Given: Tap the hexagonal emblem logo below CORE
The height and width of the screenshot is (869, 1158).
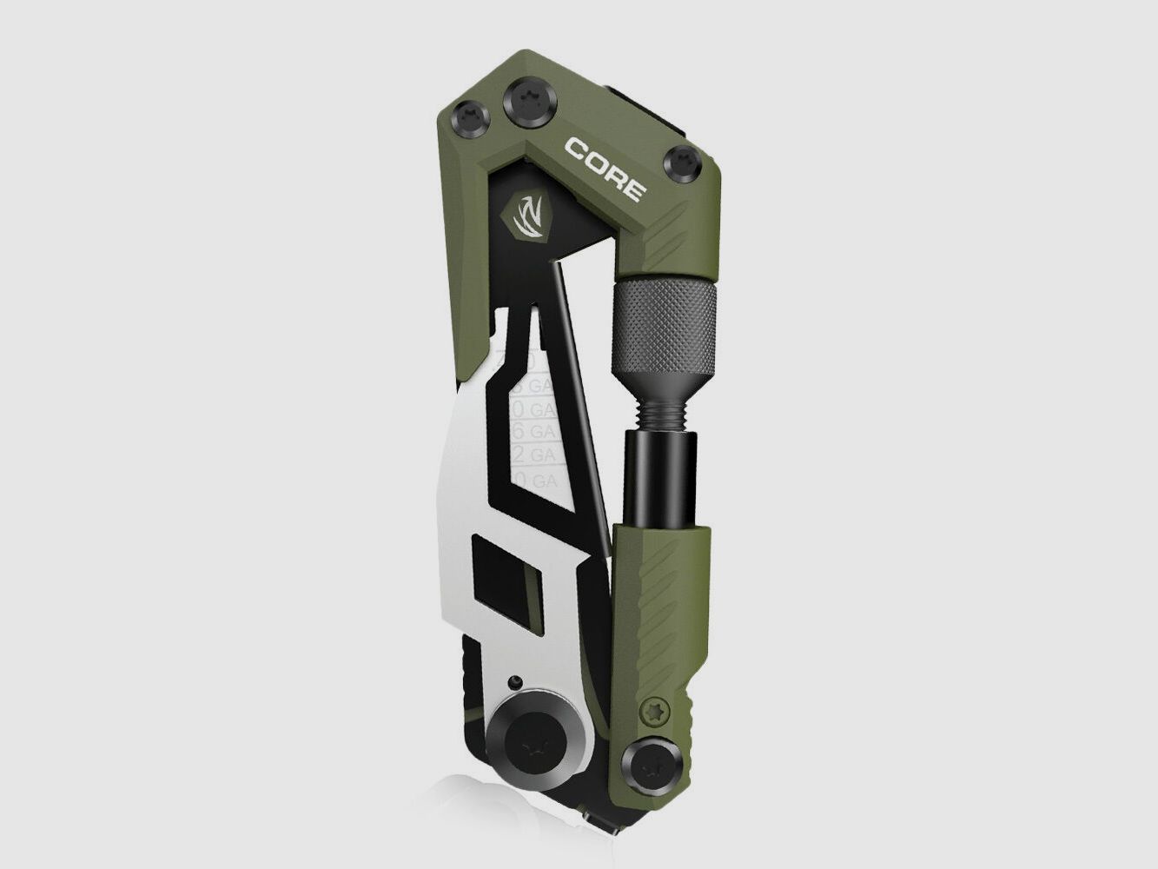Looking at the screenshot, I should point(526,217).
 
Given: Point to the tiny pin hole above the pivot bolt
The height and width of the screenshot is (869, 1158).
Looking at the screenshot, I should point(517,680).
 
